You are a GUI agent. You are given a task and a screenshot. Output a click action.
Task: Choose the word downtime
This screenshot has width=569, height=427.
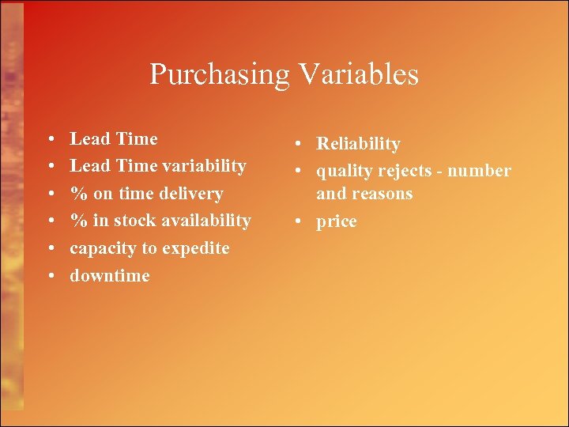(x=110, y=276)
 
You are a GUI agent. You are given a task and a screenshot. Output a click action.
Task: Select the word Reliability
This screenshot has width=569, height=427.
(x=358, y=144)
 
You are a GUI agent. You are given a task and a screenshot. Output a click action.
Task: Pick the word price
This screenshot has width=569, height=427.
(x=337, y=222)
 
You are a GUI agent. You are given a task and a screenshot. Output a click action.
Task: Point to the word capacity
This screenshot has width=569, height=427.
(x=103, y=248)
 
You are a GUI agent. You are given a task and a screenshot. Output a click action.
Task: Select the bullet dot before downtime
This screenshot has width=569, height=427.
(x=51, y=276)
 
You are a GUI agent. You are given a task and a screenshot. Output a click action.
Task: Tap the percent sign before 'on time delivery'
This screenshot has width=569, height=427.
(x=78, y=194)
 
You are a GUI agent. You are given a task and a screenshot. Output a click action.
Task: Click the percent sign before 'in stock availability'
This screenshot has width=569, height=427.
(x=78, y=221)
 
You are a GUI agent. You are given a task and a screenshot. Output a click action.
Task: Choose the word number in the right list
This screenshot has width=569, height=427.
(x=484, y=171)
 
